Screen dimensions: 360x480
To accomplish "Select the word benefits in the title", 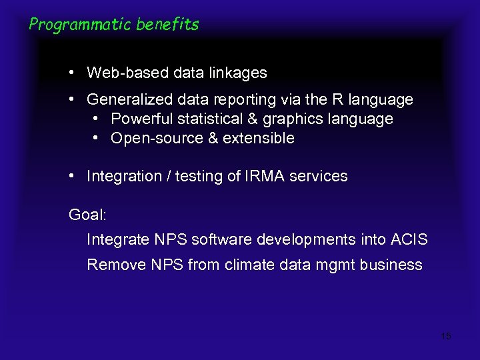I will [168, 25].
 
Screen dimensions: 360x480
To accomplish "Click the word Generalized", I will [129, 100].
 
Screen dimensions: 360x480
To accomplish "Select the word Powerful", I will [139, 119].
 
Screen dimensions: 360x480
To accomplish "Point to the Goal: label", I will [87, 215].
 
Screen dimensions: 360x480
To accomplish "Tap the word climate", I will [249, 265].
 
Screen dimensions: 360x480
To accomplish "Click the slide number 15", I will [446, 336].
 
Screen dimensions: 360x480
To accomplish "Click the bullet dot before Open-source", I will [96, 138].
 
